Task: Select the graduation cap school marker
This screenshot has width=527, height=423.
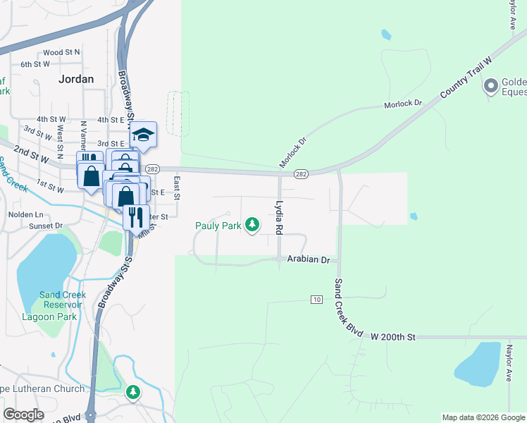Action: (143, 134)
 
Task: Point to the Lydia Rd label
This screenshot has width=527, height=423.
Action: (279, 218)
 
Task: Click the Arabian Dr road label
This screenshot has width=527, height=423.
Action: (309, 260)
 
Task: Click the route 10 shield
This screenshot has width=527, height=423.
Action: (317, 300)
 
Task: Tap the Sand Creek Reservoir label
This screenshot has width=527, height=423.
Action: (63, 300)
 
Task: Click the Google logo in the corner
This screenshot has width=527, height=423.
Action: (23, 415)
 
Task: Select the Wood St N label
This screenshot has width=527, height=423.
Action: (61, 52)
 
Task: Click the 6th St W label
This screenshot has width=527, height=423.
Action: (54, 64)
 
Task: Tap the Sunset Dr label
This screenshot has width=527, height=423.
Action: (46, 226)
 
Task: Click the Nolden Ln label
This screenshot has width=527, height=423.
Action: (25, 214)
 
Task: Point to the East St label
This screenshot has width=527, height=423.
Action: (178, 187)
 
